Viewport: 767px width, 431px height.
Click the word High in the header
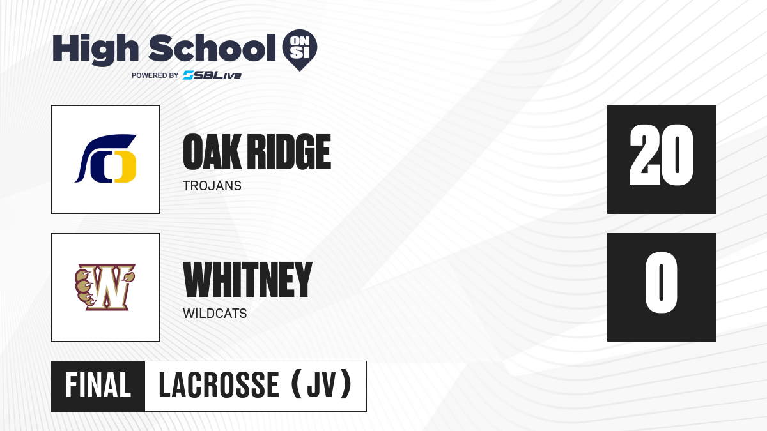coord(95,50)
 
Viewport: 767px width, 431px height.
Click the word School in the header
coord(212,48)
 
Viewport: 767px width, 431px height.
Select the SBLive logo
coord(212,75)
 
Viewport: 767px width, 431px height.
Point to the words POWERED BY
coord(155,75)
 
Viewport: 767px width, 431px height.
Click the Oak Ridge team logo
coord(105,159)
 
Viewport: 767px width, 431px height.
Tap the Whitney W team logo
coord(105,287)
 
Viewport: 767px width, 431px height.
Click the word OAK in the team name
coord(212,152)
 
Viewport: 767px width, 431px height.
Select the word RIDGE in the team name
coord(289,152)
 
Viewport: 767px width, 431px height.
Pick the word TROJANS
coord(212,186)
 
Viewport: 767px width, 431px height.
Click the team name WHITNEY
coord(247,280)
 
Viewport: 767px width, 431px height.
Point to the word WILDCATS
coord(215,314)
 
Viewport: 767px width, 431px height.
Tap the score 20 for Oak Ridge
coord(661,155)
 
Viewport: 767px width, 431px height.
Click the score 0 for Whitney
coord(661,282)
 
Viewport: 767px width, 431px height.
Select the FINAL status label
coord(98,386)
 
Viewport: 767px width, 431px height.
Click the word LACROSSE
coord(219,386)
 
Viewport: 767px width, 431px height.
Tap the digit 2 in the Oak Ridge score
coord(644,155)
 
